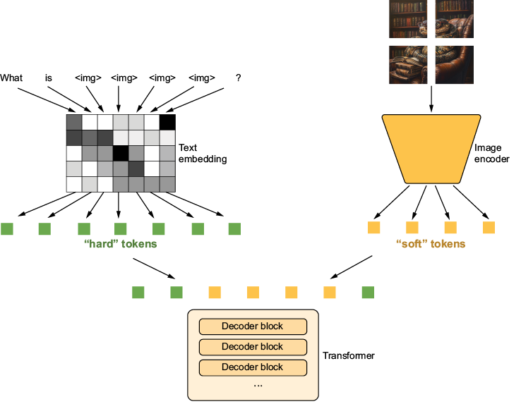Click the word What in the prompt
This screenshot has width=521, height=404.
(x=11, y=78)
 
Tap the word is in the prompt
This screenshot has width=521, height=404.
(x=49, y=78)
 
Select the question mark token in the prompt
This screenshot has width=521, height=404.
(x=238, y=78)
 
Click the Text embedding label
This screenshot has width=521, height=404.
(x=203, y=154)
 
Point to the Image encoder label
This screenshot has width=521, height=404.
(x=492, y=154)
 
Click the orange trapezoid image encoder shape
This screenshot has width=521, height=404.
(x=431, y=149)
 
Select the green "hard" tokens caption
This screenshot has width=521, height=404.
(x=120, y=244)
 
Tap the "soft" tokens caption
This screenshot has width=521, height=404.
(x=431, y=244)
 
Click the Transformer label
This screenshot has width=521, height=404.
(x=349, y=356)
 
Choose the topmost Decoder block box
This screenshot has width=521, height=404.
(x=253, y=326)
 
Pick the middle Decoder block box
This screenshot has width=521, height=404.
(x=253, y=347)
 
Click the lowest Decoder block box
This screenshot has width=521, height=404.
(x=253, y=368)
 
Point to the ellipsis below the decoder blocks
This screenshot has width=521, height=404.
(x=258, y=386)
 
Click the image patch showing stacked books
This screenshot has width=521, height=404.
(x=408, y=65)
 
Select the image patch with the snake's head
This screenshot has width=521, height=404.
(x=455, y=19)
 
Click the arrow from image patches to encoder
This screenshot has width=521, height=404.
(x=431, y=99)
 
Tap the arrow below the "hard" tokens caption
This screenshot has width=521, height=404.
(x=154, y=268)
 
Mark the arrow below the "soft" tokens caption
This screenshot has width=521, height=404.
(x=351, y=267)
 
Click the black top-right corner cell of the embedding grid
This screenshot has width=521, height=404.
(x=167, y=122)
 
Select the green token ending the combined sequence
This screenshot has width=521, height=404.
(x=368, y=293)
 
